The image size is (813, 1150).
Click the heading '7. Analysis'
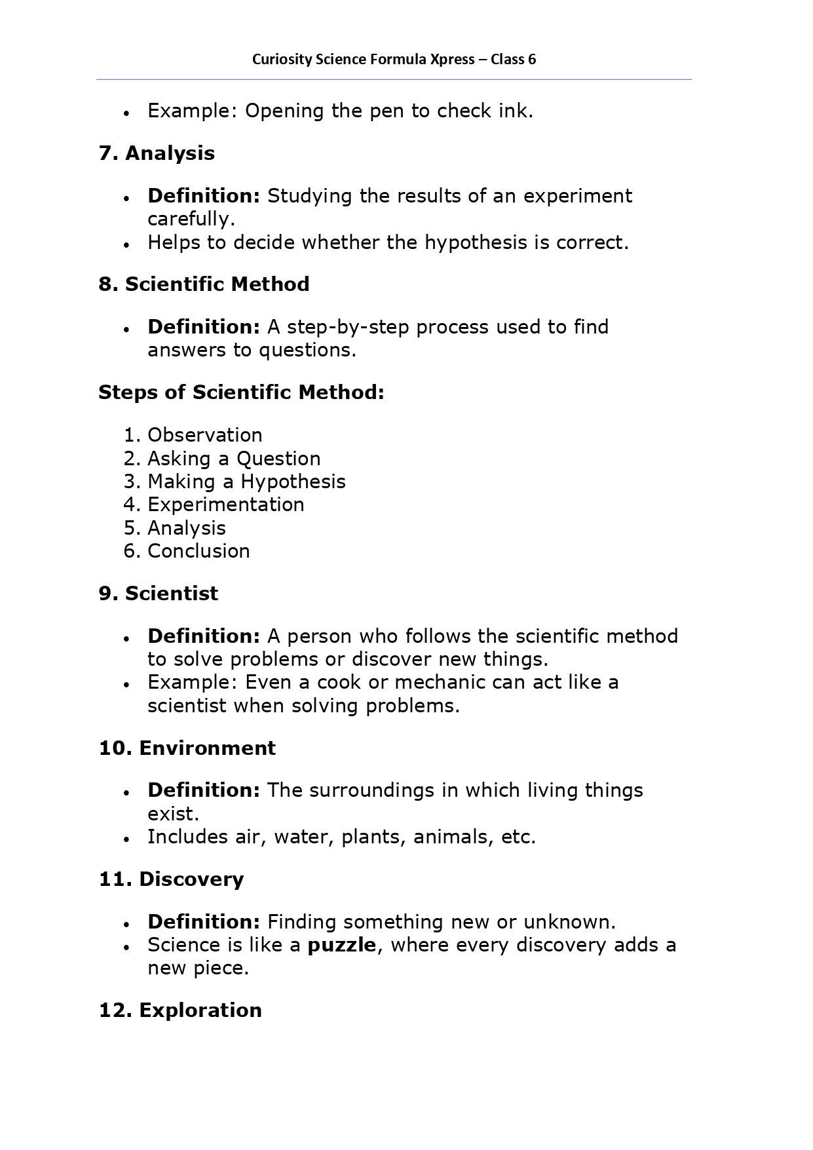(x=157, y=153)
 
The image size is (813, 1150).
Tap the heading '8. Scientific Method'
(x=204, y=284)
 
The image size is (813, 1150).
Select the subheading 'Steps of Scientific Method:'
(x=241, y=393)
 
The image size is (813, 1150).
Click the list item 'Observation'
(x=204, y=435)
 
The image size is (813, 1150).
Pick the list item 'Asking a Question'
(x=234, y=459)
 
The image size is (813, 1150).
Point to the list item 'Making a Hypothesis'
(x=246, y=482)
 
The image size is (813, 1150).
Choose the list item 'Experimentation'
(x=225, y=505)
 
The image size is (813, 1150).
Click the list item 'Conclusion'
(x=199, y=551)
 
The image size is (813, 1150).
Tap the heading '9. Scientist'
(x=159, y=594)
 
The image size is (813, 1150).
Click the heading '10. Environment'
(x=187, y=748)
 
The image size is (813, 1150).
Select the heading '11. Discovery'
(x=171, y=879)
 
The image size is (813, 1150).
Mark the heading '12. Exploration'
(x=180, y=1010)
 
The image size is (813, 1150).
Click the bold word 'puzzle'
(x=342, y=946)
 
